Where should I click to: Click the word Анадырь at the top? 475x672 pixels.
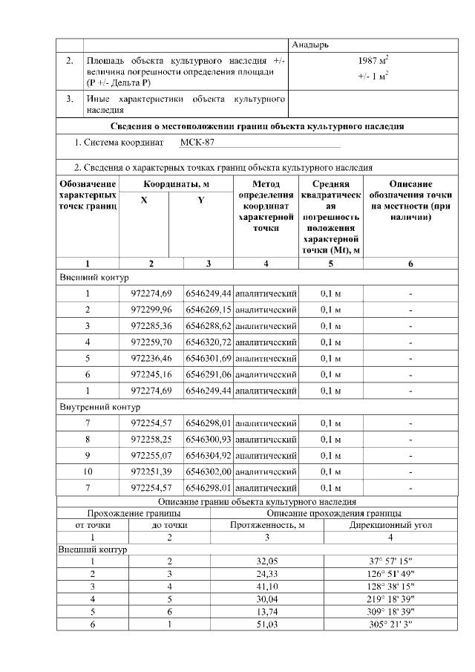point(309,45)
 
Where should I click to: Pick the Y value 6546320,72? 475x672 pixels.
point(209,342)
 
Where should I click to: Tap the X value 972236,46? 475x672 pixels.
point(151,358)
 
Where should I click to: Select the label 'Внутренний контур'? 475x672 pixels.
point(95,407)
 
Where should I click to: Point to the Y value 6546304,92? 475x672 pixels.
point(209,455)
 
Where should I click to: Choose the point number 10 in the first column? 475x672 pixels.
point(88,472)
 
